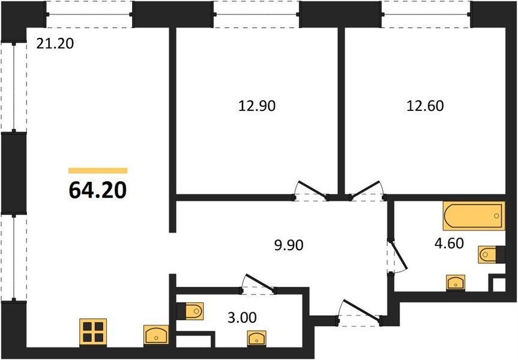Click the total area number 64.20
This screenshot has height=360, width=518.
click(x=98, y=191)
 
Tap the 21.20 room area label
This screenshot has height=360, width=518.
click(x=55, y=44)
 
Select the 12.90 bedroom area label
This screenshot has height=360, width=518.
click(x=257, y=106)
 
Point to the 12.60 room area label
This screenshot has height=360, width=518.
click(x=425, y=106)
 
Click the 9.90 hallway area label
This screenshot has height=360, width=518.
click(x=289, y=245)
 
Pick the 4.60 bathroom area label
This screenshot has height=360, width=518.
click(x=450, y=243)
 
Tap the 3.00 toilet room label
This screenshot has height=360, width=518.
click(x=242, y=317)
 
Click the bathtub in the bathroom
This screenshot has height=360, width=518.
click(x=474, y=215)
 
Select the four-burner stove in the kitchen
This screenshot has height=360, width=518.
click(x=93, y=332)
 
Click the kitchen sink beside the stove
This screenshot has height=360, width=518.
click(x=156, y=335)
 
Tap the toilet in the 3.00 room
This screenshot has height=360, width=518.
click(x=191, y=311)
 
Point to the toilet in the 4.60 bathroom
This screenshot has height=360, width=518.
click(x=491, y=254)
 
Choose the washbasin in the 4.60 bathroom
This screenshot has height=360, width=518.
click(x=456, y=283)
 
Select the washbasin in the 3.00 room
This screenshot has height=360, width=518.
click(x=257, y=339)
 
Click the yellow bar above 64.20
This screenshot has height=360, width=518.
click(x=98, y=170)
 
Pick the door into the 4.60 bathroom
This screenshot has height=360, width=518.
click(x=398, y=256)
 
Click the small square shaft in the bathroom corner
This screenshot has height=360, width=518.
click(x=499, y=284)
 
